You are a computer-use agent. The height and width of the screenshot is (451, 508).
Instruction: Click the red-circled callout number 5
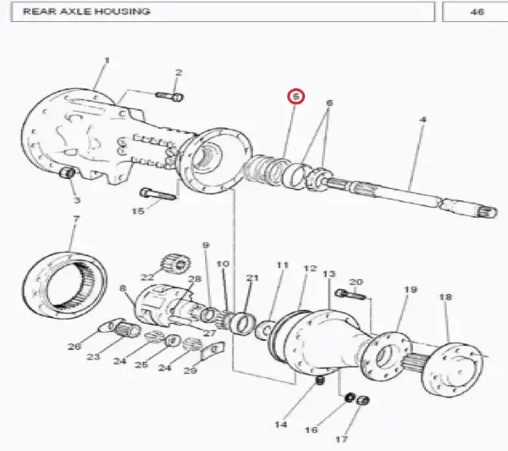(x=295, y=97)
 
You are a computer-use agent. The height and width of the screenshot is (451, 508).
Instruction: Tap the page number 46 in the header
(x=477, y=12)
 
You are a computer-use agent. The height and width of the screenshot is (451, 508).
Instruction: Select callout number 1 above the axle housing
(x=107, y=60)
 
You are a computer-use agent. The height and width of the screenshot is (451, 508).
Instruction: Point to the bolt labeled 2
(x=169, y=97)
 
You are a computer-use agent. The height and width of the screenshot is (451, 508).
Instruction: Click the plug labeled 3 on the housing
(x=68, y=172)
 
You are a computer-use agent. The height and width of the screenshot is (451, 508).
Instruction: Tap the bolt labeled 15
(x=157, y=194)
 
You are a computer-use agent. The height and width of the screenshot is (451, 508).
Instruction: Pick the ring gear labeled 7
(x=65, y=286)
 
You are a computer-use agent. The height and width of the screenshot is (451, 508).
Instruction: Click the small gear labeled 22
(x=176, y=263)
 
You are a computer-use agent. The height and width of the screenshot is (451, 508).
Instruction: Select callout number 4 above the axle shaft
(x=422, y=120)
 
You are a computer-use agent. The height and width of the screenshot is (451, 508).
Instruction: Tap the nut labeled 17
(x=362, y=401)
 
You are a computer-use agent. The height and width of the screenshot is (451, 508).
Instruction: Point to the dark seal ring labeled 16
(x=350, y=397)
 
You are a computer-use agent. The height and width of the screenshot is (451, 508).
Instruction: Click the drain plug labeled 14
(x=320, y=380)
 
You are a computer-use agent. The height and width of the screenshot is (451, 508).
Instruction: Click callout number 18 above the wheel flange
(x=445, y=297)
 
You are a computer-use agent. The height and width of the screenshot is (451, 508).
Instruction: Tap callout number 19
(x=411, y=289)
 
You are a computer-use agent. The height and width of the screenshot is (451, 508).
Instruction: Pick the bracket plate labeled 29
(x=213, y=352)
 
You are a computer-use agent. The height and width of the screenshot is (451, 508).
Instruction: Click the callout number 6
(x=329, y=103)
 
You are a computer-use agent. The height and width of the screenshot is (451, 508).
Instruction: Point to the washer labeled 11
(x=265, y=331)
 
